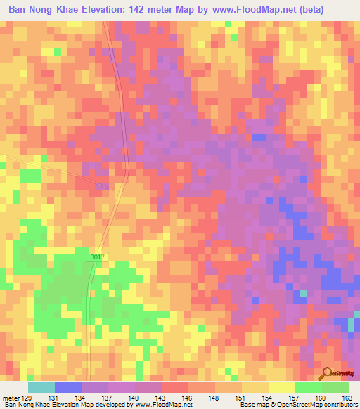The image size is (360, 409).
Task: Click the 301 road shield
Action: (96, 258)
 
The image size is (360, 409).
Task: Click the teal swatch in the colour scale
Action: (41, 387)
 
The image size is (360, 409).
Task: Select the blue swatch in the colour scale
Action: (68, 387)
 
